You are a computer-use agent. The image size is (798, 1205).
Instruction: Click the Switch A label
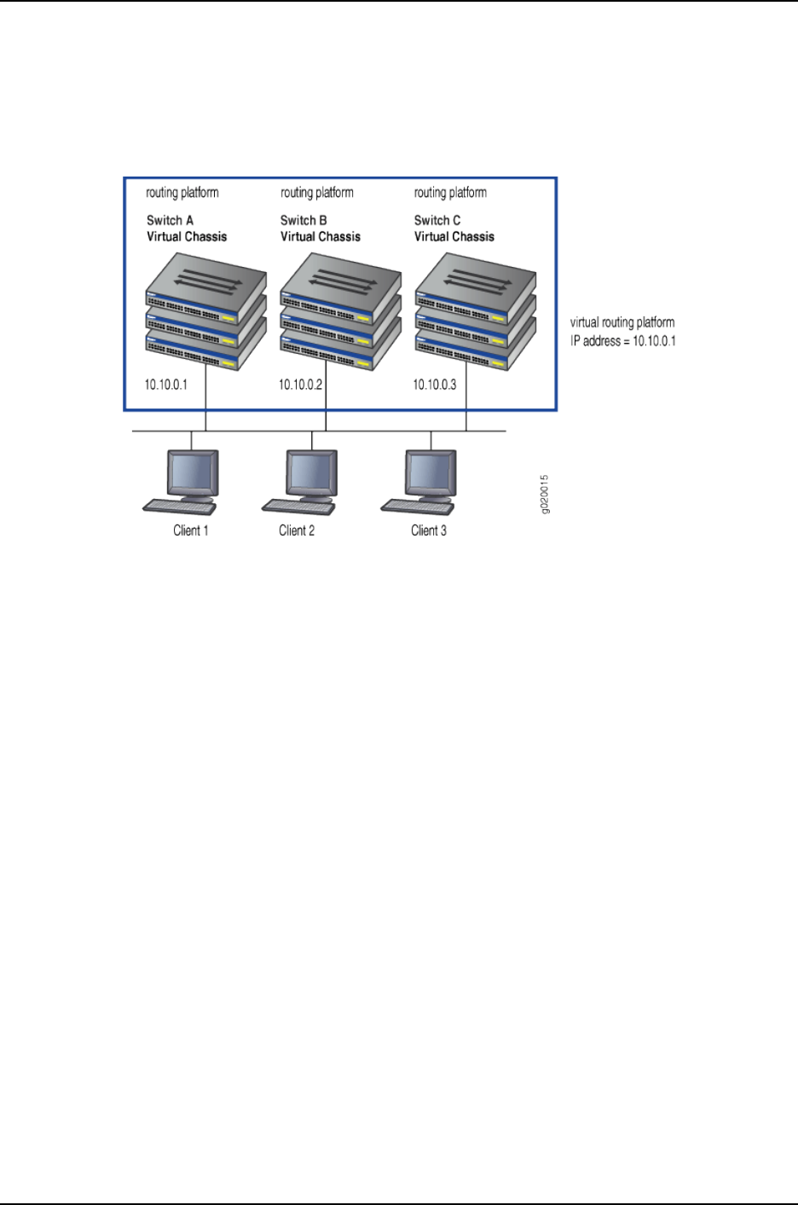point(170,220)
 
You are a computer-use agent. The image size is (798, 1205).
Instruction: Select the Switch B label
point(304,220)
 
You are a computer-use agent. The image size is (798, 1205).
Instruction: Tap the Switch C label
point(437,220)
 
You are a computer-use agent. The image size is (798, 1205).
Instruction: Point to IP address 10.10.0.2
point(300,385)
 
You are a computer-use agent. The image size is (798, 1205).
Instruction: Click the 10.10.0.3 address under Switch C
point(435,385)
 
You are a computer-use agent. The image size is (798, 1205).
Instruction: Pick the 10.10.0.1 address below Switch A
point(166,385)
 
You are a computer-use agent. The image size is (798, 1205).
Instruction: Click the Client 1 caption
point(191,530)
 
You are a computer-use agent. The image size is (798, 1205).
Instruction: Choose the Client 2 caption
point(297,530)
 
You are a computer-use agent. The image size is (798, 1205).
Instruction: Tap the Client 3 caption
point(429,530)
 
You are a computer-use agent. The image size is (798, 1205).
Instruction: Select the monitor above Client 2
point(313,472)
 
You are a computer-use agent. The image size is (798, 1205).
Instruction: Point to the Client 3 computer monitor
point(431,472)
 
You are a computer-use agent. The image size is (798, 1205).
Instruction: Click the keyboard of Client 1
point(179,506)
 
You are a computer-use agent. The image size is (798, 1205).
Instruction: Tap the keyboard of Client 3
point(418,506)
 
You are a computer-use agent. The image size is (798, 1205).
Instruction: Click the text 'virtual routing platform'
point(622,322)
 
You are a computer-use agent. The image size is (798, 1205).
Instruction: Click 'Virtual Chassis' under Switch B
point(321,236)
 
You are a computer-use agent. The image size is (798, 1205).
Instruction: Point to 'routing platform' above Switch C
point(450,193)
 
